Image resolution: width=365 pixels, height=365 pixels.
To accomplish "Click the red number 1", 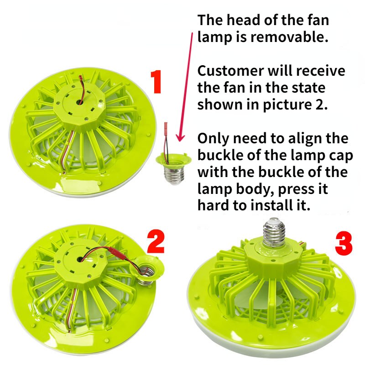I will pos(156,83).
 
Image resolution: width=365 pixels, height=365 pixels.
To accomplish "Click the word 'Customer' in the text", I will pos(230,71).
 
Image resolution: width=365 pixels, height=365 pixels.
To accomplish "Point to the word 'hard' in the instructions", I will pos(213,205).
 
